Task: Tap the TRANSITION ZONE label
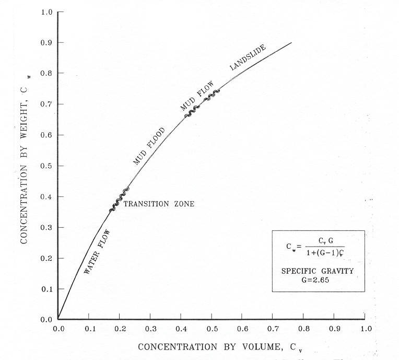159,204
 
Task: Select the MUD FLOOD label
149,146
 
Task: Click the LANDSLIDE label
248,57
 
